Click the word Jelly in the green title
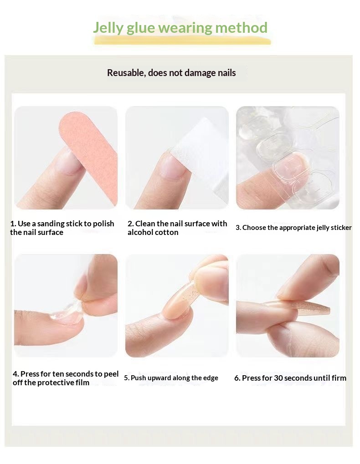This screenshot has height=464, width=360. tap(108, 28)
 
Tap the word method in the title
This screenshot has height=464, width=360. tap(241, 27)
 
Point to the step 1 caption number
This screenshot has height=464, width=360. tap(13, 224)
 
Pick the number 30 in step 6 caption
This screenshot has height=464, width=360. tap(278, 378)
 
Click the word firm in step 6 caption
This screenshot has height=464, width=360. tap(339, 378)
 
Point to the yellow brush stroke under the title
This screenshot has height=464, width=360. tap(182, 41)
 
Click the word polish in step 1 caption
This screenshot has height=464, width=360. tap(103, 224)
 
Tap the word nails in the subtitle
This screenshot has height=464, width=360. tap(227, 73)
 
